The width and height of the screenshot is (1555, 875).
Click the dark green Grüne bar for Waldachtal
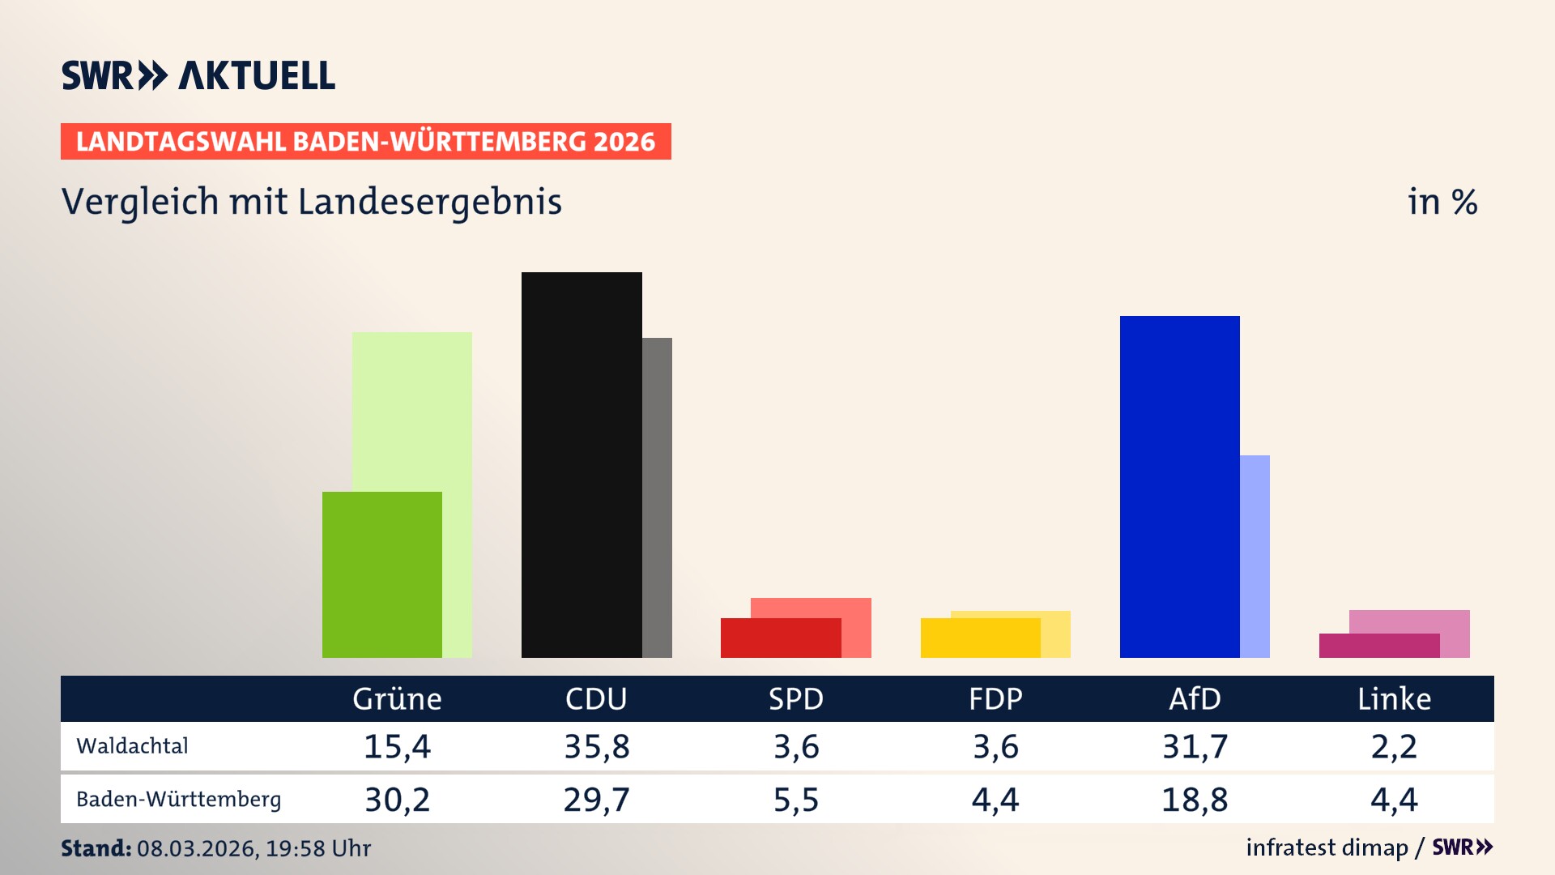(x=381, y=574)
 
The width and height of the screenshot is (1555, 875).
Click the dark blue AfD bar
(x=1179, y=486)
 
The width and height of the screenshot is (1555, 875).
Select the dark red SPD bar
(x=780, y=638)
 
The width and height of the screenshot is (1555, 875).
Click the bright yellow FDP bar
(x=980, y=638)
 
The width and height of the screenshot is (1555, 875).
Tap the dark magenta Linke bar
(x=1378, y=645)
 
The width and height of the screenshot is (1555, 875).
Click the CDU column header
(x=596, y=698)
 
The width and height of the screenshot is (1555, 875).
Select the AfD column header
(x=1195, y=698)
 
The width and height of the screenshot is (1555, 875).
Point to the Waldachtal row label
(x=132, y=745)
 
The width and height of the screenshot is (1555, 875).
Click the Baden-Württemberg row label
(x=178, y=799)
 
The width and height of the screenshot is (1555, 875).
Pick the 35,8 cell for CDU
(x=596, y=746)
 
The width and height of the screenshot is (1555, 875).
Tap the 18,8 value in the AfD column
(x=1195, y=800)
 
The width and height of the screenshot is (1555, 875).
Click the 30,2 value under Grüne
(x=397, y=800)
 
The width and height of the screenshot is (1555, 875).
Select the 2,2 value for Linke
(x=1394, y=746)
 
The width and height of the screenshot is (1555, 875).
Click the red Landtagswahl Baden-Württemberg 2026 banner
(x=365, y=141)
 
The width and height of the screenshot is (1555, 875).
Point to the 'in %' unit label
(x=1442, y=202)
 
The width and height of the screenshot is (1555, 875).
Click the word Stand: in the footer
(x=96, y=848)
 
